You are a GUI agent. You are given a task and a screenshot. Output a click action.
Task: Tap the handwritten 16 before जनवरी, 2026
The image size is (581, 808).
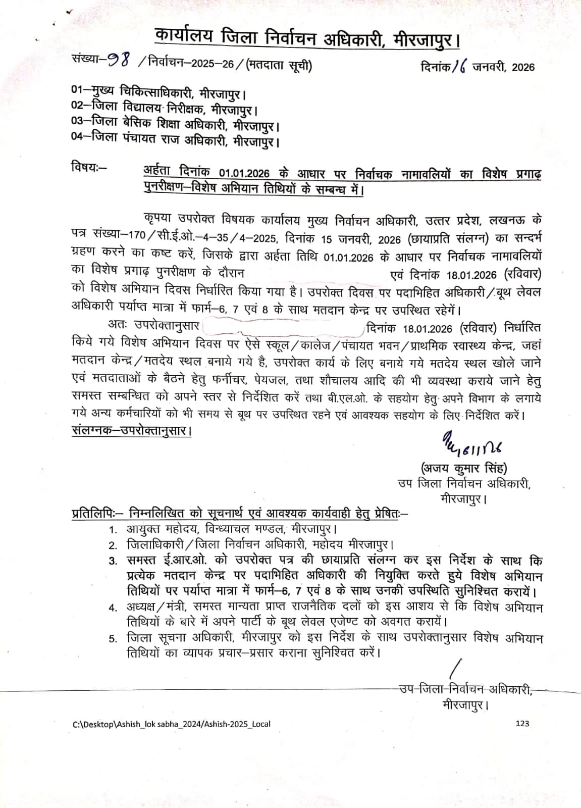coord(461,66)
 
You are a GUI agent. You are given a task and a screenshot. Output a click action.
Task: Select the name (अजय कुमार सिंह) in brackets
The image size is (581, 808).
coord(463,467)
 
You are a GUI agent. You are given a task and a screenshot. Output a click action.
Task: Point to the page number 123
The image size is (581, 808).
coord(522,724)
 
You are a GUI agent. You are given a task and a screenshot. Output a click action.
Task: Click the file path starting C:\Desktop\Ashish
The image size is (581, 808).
coord(172,724)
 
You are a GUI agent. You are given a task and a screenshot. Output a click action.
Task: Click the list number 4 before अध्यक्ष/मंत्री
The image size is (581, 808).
coord(113,607)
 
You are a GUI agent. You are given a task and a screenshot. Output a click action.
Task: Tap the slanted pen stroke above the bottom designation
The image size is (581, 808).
coord(454,669)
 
